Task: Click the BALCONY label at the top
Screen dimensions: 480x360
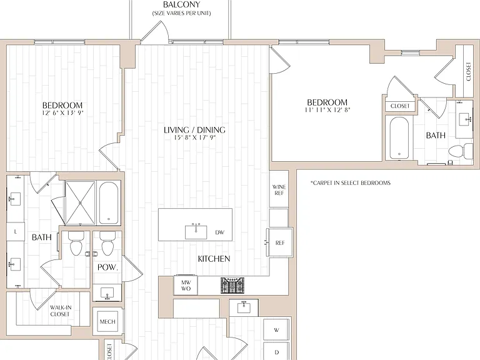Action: point(181,4)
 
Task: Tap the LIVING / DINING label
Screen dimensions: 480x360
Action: point(195,130)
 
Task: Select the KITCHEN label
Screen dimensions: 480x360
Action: point(214,259)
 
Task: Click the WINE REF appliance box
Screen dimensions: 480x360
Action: point(279,190)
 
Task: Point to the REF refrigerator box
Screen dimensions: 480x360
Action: point(280,242)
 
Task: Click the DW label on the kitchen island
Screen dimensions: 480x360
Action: point(220,232)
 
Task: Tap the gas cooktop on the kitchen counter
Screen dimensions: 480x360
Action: point(232,285)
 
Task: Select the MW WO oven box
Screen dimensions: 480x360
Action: point(186,285)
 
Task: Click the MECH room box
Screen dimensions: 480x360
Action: point(107,321)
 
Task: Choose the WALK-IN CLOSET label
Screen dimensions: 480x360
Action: point(60,311)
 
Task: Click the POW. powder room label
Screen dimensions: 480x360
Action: point(107,267)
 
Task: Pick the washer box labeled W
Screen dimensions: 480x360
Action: point(276,330)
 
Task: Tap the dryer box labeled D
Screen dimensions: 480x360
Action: point(276,352)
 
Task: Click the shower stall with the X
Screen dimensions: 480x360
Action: point(80,203)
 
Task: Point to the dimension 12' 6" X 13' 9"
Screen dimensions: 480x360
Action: point(62,112)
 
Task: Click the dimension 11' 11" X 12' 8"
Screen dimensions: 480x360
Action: point(327,109)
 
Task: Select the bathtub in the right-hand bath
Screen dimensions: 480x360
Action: point(399,138)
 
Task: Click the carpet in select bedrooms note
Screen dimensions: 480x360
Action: point(351,183)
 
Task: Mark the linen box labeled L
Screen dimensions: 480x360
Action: point(15,232)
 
